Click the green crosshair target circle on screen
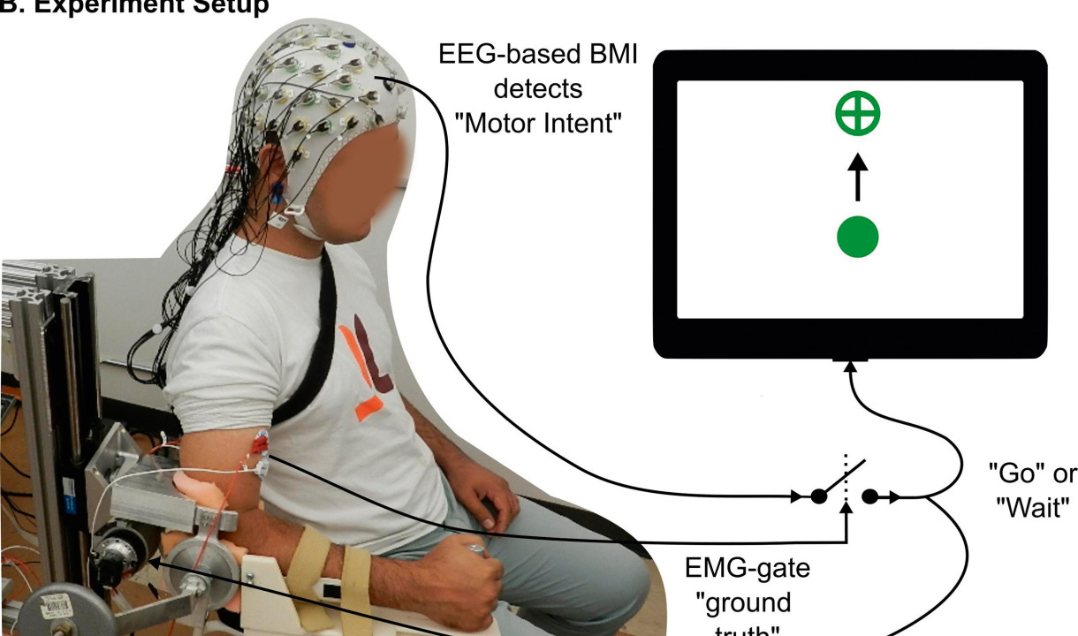pos(858,114)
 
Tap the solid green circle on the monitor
pos(856,237)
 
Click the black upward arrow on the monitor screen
pos(857,177)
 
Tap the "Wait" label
pos(1033,509)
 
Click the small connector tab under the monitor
pos(849,359)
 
